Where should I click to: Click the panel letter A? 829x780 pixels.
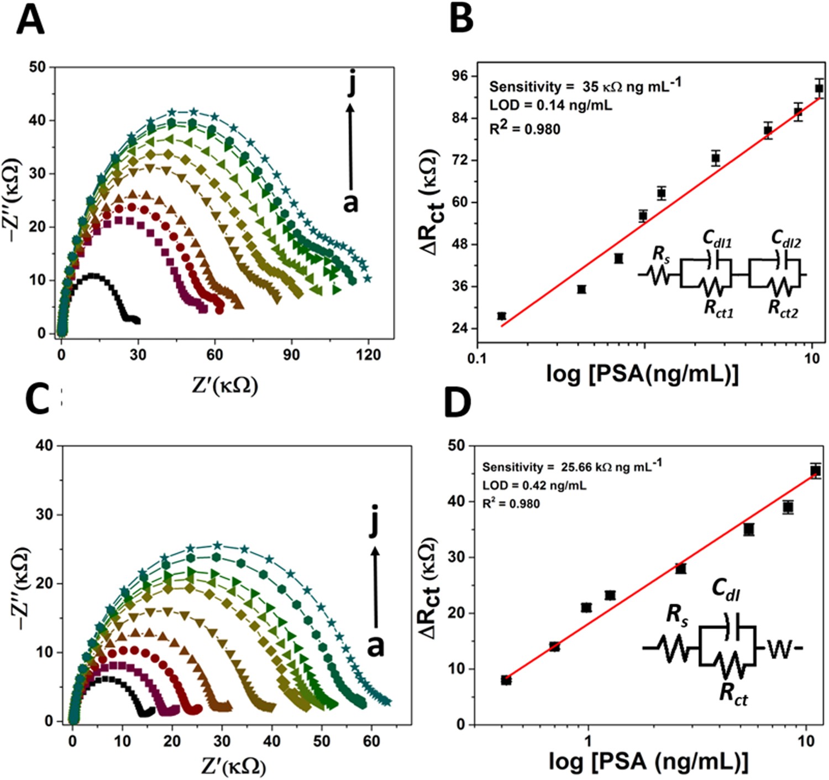click(30, 21)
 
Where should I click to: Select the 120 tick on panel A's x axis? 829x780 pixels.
click(368, 355)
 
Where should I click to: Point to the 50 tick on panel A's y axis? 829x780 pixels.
click(38, 67)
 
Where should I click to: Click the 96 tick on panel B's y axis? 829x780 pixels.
click(460, 76)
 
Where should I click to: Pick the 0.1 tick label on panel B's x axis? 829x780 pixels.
click(477, 358)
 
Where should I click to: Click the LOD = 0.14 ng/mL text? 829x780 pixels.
click(550, 105)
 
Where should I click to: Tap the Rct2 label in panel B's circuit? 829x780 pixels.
click(783, 308)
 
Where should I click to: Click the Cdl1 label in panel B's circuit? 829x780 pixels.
click(717, 238)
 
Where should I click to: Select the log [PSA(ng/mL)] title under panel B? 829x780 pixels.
click(642, 374)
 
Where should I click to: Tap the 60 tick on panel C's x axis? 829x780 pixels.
click(371, 741)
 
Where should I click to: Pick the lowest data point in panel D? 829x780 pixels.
click(506, 680)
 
